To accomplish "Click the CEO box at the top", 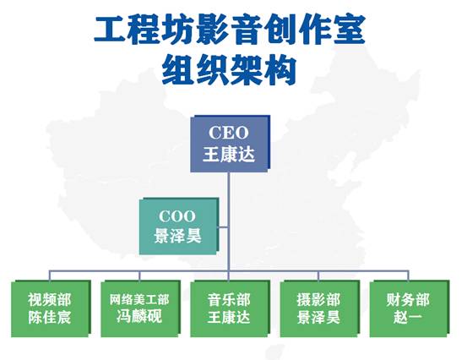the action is pos(231,144).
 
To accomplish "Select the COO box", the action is pos(179,226).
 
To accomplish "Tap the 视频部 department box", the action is pos(51,308).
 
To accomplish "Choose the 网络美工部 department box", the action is pos(140,308).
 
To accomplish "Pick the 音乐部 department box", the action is pos(230,308).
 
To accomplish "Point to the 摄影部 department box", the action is pos(320,308).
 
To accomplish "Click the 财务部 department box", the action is pos(410,308).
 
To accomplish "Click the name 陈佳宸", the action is pos(50,317).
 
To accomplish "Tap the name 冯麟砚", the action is pos(139,317).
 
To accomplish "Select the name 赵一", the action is pos(408,317).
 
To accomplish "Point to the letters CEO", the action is pos(229,133).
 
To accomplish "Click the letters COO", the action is pos(177,216).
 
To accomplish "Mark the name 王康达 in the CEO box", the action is pos(229,155).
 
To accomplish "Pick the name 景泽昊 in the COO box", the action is pos(178,237).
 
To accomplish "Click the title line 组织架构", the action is pos(229,71).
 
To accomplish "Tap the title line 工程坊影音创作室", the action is pos(230,30).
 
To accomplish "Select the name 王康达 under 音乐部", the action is pos(229,317).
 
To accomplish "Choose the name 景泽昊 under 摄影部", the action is pos(318,317).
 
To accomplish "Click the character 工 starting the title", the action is pos(111,30).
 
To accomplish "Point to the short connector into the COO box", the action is pos(224,227).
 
